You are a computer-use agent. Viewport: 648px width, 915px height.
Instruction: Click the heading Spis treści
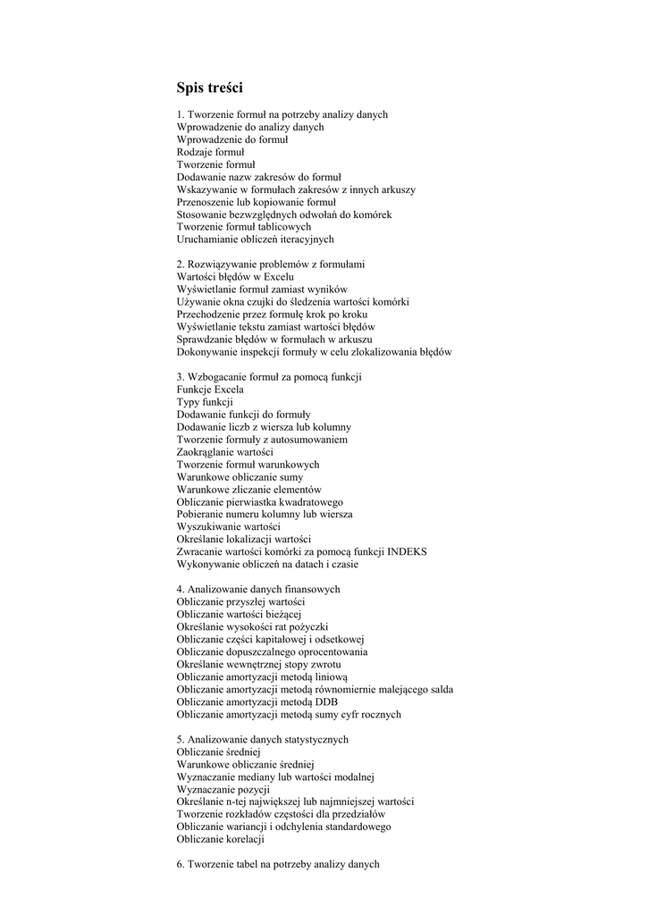209,88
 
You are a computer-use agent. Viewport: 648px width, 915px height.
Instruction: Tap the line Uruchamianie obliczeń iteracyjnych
255,239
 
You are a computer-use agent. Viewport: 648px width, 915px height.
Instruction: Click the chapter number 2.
181,264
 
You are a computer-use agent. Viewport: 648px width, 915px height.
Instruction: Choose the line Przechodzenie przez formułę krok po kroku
272,315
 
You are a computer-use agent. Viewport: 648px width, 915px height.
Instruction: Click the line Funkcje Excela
210,390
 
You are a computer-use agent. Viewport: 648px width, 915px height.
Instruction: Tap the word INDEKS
407,552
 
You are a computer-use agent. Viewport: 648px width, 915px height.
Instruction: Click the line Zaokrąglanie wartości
225,452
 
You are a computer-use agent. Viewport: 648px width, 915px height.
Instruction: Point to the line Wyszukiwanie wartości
228,527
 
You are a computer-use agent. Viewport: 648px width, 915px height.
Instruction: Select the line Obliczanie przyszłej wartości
240,602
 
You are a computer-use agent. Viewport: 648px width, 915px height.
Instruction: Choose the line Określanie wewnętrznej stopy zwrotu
258,665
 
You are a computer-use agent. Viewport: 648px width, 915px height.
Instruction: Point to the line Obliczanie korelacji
221,840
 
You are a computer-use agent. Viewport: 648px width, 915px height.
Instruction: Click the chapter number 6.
181,865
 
